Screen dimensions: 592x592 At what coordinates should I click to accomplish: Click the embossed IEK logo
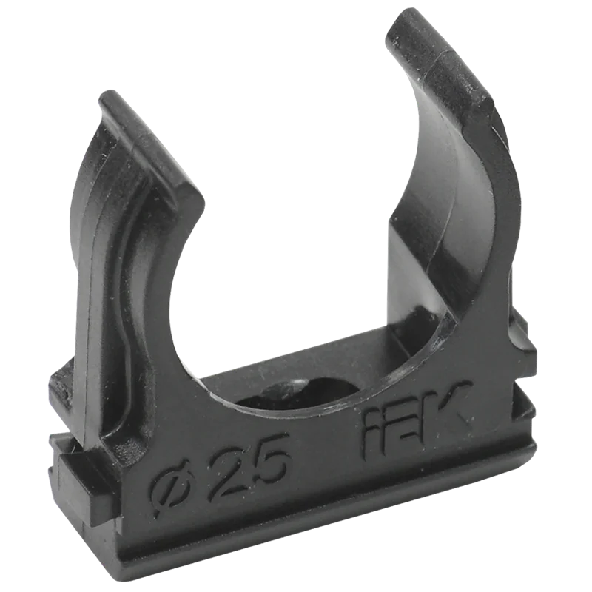coord(417,420)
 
